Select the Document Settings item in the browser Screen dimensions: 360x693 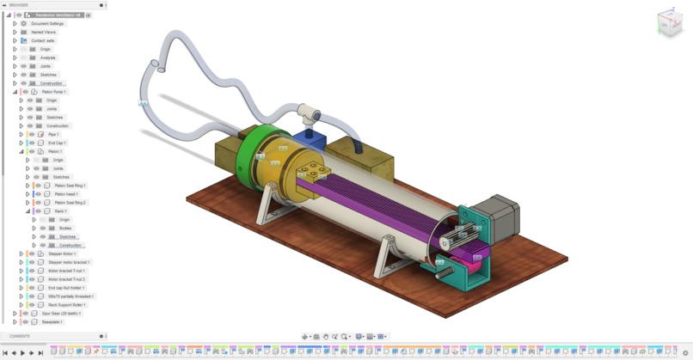pyautogui.click(x=47, y=23)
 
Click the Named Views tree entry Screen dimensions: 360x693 pyautogui.click(x=43, y=32)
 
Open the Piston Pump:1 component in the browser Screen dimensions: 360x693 pyautogui.click(x=53, y=92)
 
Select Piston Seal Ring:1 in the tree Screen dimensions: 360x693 pyautogui.click(x=70, y=186)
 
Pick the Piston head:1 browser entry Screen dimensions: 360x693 pyautogui.click(x=66, y=194)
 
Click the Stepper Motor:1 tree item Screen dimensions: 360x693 pyautogui.click(x=62, y=253)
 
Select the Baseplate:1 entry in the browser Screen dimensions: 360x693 pyautogui.click(x=52, y=322)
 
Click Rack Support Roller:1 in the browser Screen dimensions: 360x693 pyautogui.click(x=66, y=305)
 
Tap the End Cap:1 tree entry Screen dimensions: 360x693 pyautogui.click(x=57, y=143)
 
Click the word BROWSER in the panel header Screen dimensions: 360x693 pyautogui.click(x=19, y=5)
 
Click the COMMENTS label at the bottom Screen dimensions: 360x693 pyautogui.click(x=19, y=336)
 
